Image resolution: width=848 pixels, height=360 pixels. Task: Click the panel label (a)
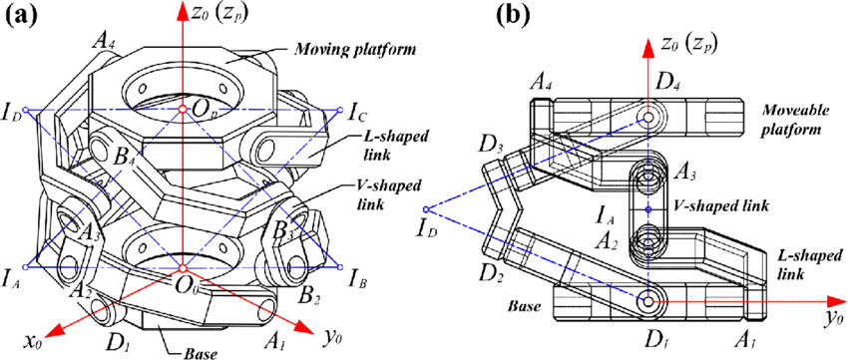21,16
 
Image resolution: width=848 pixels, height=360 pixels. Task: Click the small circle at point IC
340,111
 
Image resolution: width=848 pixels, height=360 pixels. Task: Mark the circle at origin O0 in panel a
183,268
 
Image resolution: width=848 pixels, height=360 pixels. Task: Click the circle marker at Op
183,110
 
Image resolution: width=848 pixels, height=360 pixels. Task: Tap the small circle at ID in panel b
426,209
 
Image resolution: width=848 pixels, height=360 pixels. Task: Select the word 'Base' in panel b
525,307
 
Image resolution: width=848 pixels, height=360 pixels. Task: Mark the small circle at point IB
339,267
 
